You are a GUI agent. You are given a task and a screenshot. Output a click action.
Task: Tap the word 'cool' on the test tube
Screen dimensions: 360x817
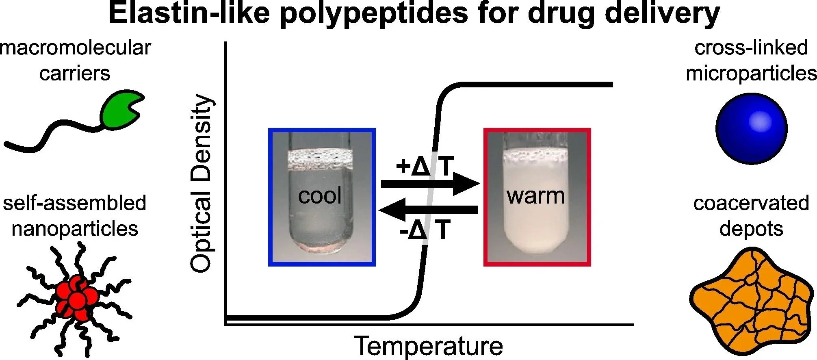320,196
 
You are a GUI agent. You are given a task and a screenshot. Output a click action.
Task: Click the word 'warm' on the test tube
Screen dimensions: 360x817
535,196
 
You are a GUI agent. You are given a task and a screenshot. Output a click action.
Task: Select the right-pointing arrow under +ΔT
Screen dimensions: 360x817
431,183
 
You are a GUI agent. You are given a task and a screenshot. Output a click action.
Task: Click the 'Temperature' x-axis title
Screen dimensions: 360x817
429,346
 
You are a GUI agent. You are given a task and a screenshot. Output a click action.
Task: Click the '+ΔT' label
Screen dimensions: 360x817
425,166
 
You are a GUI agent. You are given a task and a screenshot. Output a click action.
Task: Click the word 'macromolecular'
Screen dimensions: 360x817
75,48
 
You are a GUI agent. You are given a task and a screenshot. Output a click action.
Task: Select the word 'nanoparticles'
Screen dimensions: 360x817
75,229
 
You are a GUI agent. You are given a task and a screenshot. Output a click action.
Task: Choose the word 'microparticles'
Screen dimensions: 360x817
751,74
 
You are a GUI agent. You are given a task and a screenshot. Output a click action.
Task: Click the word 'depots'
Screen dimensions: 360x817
751,229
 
